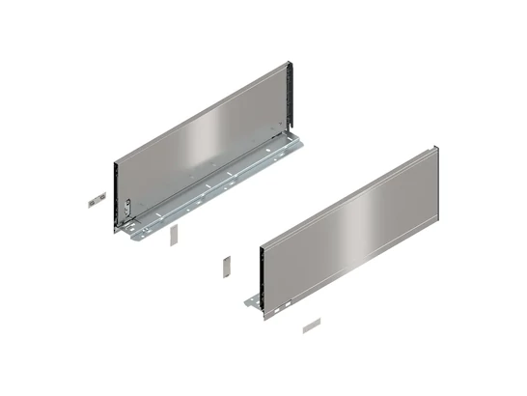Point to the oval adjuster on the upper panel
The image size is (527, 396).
(x=128, y=208)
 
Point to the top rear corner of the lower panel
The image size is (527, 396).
(x=436, y=148)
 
